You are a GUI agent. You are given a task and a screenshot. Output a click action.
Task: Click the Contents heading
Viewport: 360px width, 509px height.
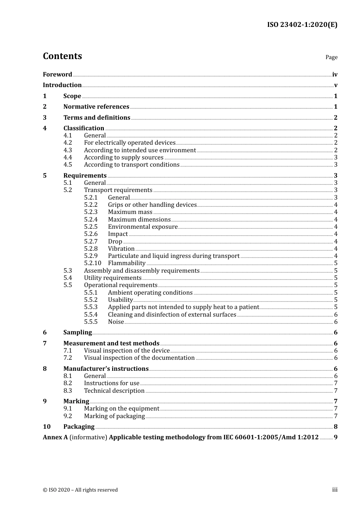[x=62, y=56]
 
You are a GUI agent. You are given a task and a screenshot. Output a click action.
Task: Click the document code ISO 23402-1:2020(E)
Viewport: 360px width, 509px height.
[x=302, y=25]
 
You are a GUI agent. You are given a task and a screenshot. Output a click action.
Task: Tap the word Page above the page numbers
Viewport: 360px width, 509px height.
[x=331, y=57]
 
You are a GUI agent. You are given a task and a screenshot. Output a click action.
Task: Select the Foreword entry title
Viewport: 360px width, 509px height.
[x=57, y=75]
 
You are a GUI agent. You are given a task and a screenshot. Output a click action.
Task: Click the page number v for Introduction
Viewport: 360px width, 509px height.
[x=335, y=85]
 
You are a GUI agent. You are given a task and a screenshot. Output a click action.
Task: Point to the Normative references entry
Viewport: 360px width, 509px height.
[x=96, y=107]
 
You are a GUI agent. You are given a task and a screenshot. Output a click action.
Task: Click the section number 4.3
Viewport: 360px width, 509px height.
[x=67, y=150]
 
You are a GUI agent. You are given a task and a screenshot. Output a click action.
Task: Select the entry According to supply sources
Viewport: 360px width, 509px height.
[x=124, y=158]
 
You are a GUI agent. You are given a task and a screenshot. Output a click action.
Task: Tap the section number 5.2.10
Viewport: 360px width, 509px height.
[x=92, y=263]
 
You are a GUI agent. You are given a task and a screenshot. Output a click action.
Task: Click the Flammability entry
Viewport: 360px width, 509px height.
[x=127, y=263]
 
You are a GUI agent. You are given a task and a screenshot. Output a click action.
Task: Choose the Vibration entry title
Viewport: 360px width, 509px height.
[x=121, y=249]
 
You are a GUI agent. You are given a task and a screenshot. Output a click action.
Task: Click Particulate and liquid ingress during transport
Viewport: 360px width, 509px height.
[x=174, y=256]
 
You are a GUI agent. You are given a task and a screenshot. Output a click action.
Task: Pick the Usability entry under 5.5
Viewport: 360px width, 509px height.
[x=120, y=300]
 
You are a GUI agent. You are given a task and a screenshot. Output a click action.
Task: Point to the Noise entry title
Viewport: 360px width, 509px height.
[x=116, y=322]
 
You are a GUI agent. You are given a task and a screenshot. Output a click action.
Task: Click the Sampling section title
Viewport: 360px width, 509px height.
[x=77, y=333]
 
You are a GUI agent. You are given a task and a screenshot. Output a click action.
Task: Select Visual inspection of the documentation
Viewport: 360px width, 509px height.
[x=139, y=358]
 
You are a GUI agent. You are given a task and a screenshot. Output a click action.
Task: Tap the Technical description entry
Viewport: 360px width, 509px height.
[x=114, y=391]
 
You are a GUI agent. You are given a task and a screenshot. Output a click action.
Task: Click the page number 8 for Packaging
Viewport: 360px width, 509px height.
[x=335, y=427]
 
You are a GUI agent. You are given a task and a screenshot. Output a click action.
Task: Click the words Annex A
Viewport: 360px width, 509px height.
[x=55, y=437]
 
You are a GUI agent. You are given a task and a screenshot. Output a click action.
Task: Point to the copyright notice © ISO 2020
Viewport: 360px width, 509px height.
[x=80, y=490]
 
